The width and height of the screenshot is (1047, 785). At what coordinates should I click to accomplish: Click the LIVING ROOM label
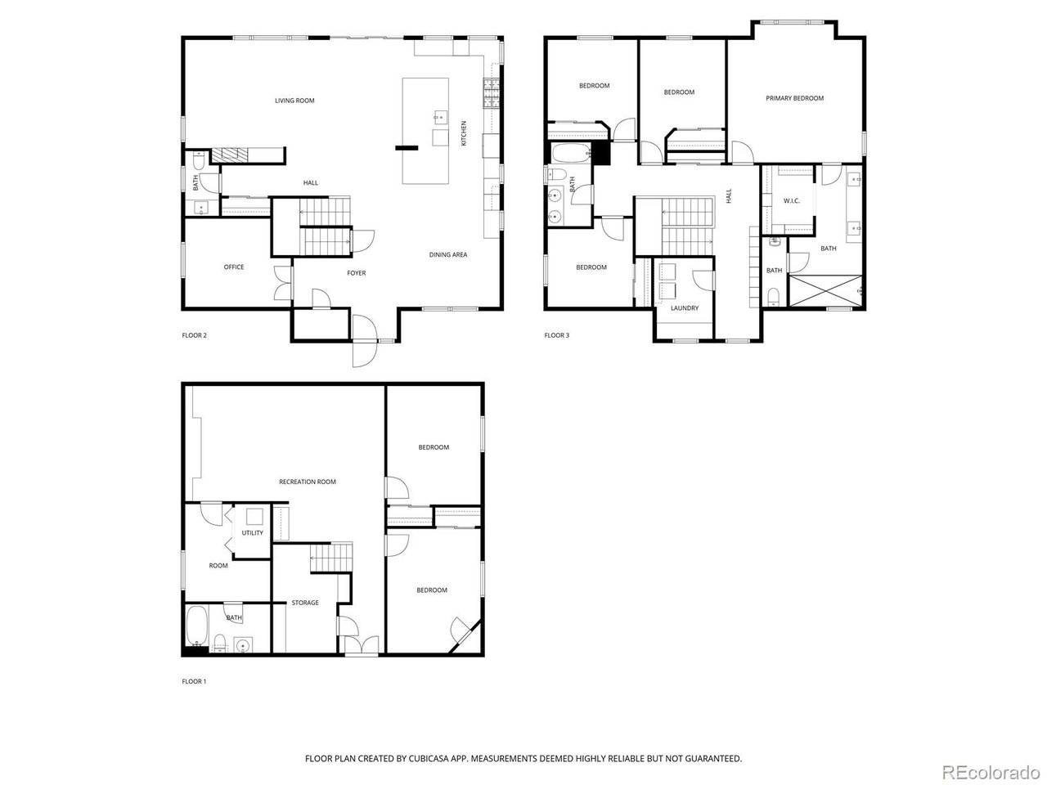coord(294,101)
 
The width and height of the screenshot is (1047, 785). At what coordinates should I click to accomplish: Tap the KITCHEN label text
coord(464,133)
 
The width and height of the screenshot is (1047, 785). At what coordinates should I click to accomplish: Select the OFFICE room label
coord(234,267)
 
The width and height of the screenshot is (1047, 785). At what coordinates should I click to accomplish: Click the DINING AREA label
coord(448,255)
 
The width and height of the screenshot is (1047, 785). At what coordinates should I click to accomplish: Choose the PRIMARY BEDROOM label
coord(794,98)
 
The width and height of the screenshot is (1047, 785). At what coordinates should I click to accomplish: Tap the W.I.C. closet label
coord(791,200)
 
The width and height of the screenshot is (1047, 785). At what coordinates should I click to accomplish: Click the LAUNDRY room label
coord(685,308)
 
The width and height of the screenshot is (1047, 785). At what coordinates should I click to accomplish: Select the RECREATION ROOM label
coord(308,482)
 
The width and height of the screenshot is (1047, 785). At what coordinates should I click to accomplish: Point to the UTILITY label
coord(253,533)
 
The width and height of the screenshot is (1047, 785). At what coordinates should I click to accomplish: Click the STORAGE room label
coord(305,603)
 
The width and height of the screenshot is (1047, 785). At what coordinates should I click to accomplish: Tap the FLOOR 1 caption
coord(194,681)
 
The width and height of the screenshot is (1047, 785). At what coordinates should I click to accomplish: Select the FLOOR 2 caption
coord(194,335)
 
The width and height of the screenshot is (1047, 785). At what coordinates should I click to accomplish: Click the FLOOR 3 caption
coord(557,335)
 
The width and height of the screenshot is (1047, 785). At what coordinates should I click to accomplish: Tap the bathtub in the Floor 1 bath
coord(196,627)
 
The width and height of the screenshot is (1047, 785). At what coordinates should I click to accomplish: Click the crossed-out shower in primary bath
coord(825,291)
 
